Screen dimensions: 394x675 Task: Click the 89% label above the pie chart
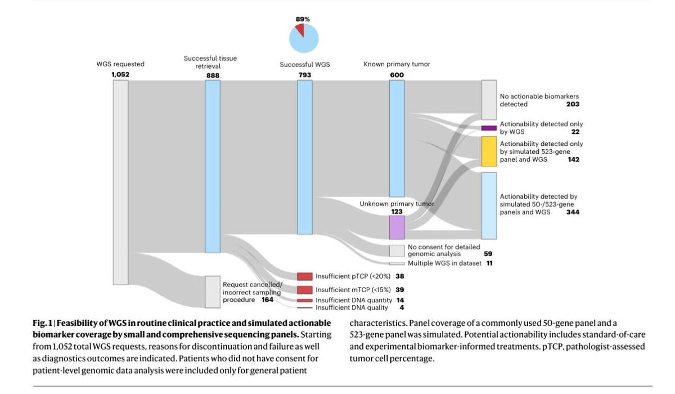pyautogui.click(x=303, y=19)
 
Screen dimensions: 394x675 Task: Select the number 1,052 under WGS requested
pyautogui.click(x=120, y=74)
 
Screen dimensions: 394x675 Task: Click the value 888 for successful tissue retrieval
pyautogui.click(x=213, y=74)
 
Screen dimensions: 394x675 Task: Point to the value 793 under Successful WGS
pyautogui.click(x=305, y=74)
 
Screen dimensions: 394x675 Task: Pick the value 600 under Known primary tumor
pyautogui.click(x=397, y=74)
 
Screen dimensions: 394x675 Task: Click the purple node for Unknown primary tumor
pyautogui.click(x=397, y=227)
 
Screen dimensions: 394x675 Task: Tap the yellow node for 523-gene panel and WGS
pyautogui.click(x=489, y=151)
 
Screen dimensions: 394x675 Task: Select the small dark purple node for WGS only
pyautogui.click(x=489, y=128)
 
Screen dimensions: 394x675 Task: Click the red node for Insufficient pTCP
pyautogui.click(x=305, y=276)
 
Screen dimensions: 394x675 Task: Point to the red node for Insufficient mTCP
pyautogui.click(x=305, y=289)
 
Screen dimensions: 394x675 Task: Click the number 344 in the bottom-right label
pyautogui.click(x=573, y=212)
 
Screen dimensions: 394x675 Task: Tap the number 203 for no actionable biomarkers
pyautogui.click(x=573, y=104)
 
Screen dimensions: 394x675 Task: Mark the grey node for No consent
pyautogui.click(x=397, y=250)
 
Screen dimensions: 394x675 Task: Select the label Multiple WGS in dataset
pyautogui.click(x=444, y=263)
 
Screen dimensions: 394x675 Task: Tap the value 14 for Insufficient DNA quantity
pyautogui.click(x=400, y=300)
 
